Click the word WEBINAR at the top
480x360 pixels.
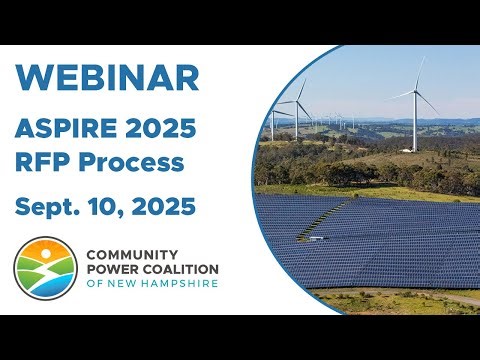[x=108, y=77]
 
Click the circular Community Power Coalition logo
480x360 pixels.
[x=43, y=269]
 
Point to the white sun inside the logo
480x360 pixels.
[x=40, y=258]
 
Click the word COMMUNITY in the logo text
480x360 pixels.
[x=130, y=255]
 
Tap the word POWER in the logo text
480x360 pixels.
[x=111, y=270]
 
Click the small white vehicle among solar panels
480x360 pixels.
[x=316, y=240]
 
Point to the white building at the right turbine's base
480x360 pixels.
[x=406, y=150]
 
